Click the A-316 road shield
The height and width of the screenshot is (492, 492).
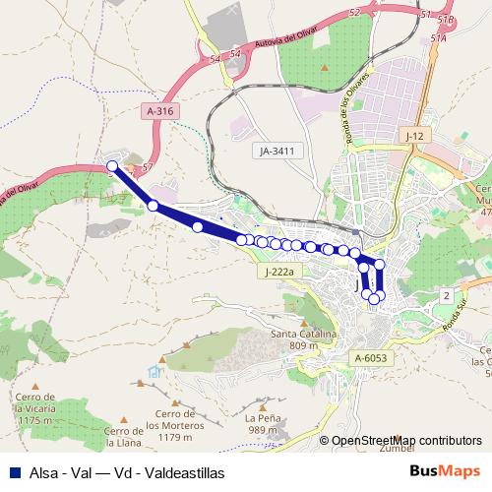[x=159, y=113]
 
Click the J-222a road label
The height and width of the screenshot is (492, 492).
[x=280, y=271]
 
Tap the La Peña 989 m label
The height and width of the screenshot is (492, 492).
[x=262, y=423]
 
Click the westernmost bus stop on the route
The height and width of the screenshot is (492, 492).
[x=112, y=166]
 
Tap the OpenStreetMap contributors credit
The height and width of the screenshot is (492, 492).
[x=407, y=441]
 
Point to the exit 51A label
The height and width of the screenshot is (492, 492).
[x=439, y=38]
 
